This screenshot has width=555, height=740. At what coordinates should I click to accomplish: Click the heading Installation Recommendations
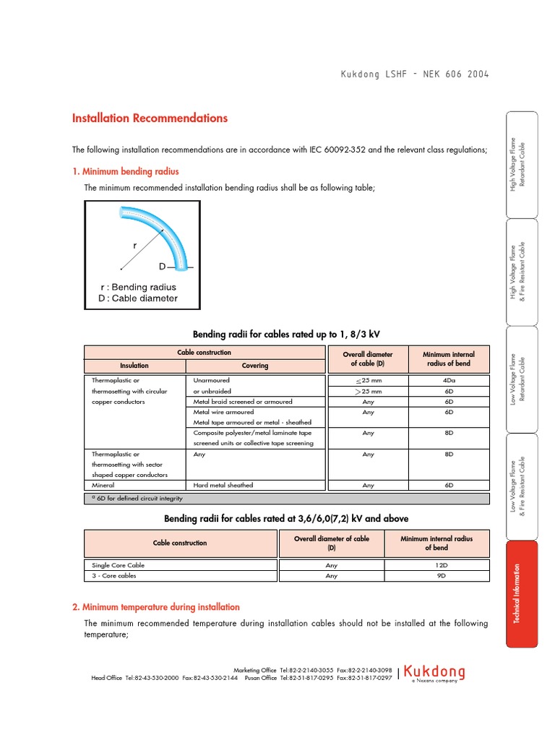tap(150, 119)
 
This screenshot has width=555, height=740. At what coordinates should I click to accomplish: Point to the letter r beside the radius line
tap(134, 246)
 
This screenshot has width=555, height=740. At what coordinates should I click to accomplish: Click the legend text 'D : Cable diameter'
tap(137, 298)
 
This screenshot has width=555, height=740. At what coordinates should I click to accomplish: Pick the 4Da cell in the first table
tap(449, 380)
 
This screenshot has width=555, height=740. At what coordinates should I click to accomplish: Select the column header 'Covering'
tap(254, 366)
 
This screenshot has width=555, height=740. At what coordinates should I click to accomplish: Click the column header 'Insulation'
tap(134, 366)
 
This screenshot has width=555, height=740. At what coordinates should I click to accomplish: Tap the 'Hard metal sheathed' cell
tap(223, 486)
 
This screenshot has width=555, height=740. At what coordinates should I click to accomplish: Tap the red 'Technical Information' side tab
tap(522, 594)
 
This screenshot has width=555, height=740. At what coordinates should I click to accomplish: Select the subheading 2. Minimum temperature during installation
tap(155, 607)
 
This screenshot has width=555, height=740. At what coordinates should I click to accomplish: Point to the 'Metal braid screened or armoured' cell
tap(243, 401)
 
